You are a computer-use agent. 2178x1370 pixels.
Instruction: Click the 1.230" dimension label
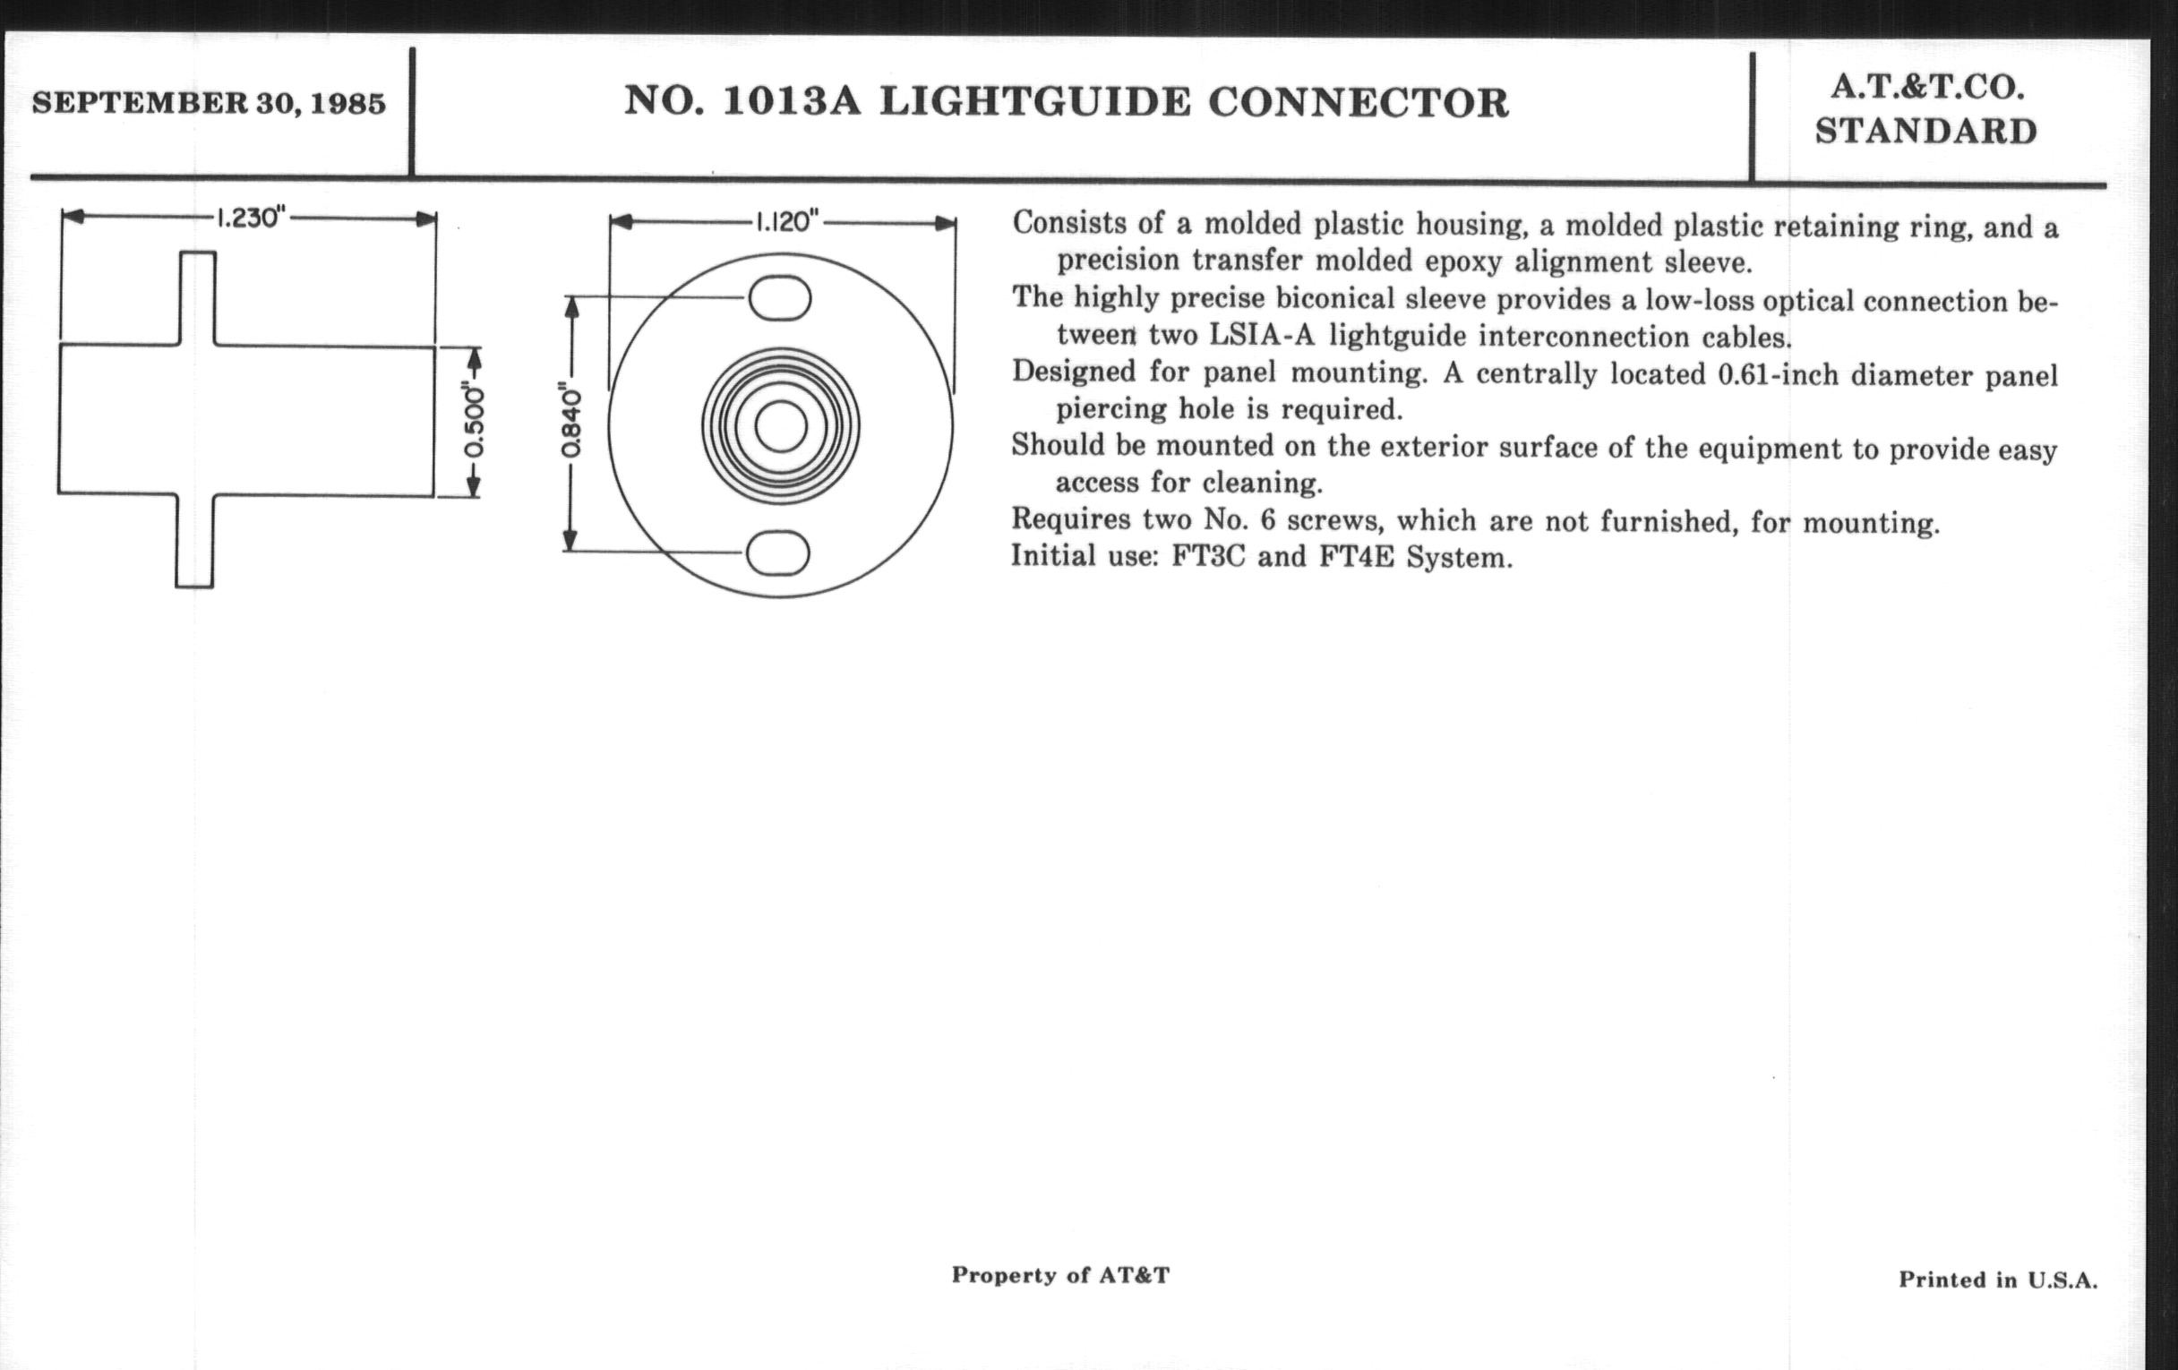[x=251, y=218]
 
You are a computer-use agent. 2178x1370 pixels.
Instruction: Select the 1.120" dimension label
[x=786, y=221]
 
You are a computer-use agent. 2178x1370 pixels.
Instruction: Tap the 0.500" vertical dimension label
[x=474, y=423]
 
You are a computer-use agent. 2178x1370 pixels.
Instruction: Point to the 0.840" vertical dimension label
[x=570, y=424]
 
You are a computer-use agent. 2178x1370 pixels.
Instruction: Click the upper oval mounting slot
[x=779, y=298]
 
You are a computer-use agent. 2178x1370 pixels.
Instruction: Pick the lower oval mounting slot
[x=778, y=552]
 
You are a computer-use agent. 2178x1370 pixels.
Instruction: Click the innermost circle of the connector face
[x=781, y=427]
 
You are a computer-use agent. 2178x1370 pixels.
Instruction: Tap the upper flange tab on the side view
[x=197, y=297]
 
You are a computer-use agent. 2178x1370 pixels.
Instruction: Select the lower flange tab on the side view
[x=194, y=541]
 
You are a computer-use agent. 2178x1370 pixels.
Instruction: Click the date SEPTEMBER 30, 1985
[x=209, y=103]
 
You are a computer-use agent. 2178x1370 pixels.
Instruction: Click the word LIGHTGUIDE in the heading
[x=1034, y=102]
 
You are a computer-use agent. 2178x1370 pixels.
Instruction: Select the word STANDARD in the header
[x=1925, y=132]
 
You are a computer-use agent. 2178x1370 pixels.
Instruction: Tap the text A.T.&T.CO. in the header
[x=1925, y=88]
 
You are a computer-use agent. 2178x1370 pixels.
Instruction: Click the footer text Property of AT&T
[x=1060, y=1275]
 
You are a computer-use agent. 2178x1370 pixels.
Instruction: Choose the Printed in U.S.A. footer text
[x=1997, y=1280]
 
